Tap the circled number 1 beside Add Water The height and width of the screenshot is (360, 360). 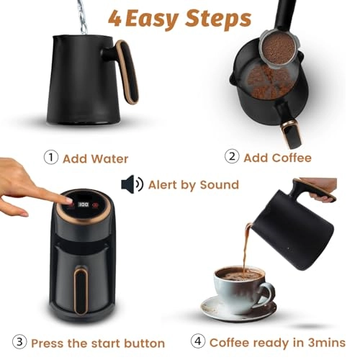pyautogui.click(x=50, y=158)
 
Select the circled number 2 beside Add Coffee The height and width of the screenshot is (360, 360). pyautogui.click(x=231, y=158)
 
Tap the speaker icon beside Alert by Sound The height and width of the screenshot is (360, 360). pyautogui.click(x=132, y=185)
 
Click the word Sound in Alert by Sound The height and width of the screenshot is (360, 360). pyautogui.click(x=217, y=185)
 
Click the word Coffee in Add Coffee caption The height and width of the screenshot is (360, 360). pyautogui.click(x=292, y=158)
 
